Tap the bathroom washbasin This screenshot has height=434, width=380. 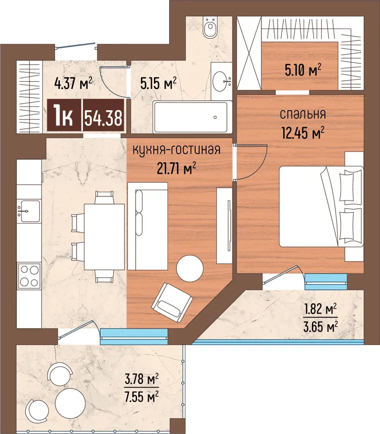222,81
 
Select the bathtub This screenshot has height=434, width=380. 193,117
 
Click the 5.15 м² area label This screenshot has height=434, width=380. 158,83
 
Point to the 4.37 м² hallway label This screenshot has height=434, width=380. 73,83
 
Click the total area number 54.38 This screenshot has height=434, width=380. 103,118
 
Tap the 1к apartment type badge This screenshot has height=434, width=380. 64,116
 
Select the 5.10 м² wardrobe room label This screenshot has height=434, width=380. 303,70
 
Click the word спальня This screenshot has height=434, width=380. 302,114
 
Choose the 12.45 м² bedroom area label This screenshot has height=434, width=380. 303,132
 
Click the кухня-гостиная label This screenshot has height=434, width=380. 177,150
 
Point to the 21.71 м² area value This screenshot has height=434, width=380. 177,168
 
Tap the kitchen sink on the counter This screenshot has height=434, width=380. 29,211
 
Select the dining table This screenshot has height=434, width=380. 104,237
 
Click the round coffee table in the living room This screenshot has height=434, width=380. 190,268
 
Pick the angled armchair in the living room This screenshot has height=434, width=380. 172,303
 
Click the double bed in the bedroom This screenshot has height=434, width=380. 321,206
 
